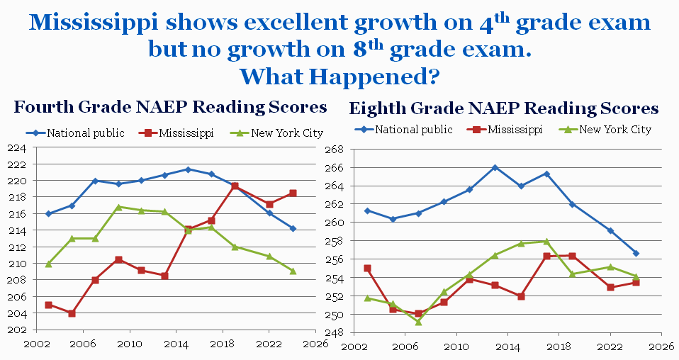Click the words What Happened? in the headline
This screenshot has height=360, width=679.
coord(339,74)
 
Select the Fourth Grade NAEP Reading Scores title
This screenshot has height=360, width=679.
coord(170,108)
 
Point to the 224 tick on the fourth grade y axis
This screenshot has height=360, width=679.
coord(17,148)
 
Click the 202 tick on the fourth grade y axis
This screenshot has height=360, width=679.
coord(17,330)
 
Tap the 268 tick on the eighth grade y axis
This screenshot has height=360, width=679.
coord(334,150)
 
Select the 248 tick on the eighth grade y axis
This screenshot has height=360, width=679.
coord(334,332)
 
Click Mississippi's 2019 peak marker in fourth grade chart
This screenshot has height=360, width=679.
coord(235,186)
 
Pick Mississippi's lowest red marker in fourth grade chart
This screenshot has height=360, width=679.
coord(72,313)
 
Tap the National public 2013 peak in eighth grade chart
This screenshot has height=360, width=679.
coord(495,168)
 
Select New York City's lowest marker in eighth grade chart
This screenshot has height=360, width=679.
coord(418,322)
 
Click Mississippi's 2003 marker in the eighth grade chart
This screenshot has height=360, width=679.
coord(367,269)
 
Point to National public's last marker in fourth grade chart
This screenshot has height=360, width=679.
coord(292,228)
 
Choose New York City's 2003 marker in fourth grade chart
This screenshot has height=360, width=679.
coord(48,264)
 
